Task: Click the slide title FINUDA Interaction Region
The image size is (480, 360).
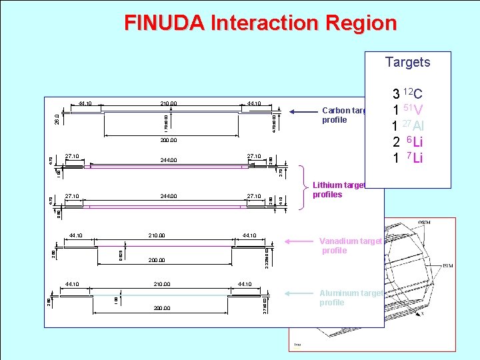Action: [260, 23]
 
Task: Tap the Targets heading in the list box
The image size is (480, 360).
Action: [407, 62]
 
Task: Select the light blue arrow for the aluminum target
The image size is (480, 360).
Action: [300, 293]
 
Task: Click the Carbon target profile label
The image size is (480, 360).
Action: [343, 115]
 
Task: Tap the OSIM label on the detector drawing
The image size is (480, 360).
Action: [423, 223]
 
